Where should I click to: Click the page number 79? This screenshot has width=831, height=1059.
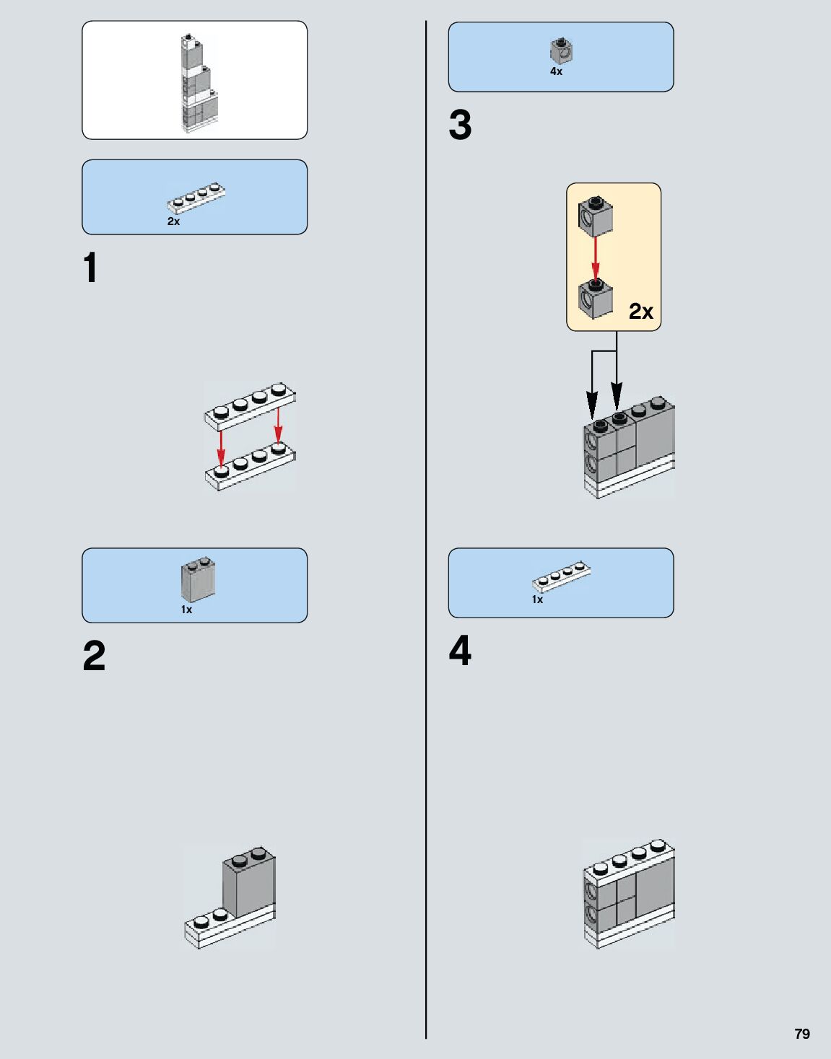pyautogui.click(x=802, y=1034)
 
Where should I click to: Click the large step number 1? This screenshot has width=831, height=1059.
pyautogui.click(x=90, y=268)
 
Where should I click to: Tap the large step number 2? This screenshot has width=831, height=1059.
pyautogui.click(x=94, y=656)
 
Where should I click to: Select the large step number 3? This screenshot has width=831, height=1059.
pyautogui.click(x=460, y=126)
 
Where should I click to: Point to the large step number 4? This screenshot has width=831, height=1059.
pyautogui.click(x=460, y=651)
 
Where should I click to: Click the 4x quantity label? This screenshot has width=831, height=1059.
pyautogui.click(x=556, y=71)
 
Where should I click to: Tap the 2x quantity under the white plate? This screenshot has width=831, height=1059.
pyautogui.click(x=173, y=221)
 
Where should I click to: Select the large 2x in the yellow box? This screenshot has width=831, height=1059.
pyautogui.click(x=640, y=311)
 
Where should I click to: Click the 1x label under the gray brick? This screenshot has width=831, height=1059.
pyautogui.click(x=186, y=610)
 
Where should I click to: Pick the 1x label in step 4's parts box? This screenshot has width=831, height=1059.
pyautogui.click(x=537, y=599)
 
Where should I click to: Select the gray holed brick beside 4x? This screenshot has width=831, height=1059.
pyautogui.click(x=561, y=51)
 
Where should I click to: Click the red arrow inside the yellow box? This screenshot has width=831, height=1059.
pyautogui.click(x=596, y=258)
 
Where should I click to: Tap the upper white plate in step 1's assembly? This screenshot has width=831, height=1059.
pyautogui.click(x=250, y=407)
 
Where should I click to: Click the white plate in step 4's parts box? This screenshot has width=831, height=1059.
pyautogui.click(x=561, y=576)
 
